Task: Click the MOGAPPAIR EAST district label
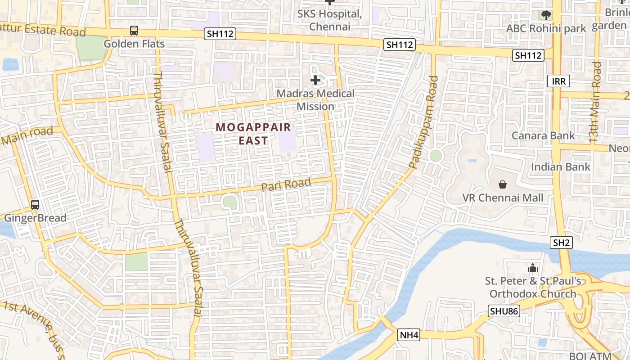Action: (x=253, y=134)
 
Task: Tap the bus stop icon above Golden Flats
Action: (x=134, y=31)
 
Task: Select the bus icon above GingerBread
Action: (x=35, y=204)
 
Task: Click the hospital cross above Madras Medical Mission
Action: (x=315, y=81)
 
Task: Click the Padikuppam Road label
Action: (x=424, y=122)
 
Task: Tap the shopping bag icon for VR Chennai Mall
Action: (x=503, y=184)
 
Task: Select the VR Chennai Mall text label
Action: (x=503, y=198)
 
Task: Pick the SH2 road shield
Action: (x=561, y=243)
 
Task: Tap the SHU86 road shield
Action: (x=504, y=311)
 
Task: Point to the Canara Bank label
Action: (x=543, y=135)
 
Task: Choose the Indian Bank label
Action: (x=560, y=167)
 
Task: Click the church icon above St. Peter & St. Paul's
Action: (x=533, y=268)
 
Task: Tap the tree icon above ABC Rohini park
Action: (x=546, y=15)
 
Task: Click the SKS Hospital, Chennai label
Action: (x=329, y=20)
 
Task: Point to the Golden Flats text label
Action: (x=134, y=44)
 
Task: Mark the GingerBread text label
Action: (x=35, y=218)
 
